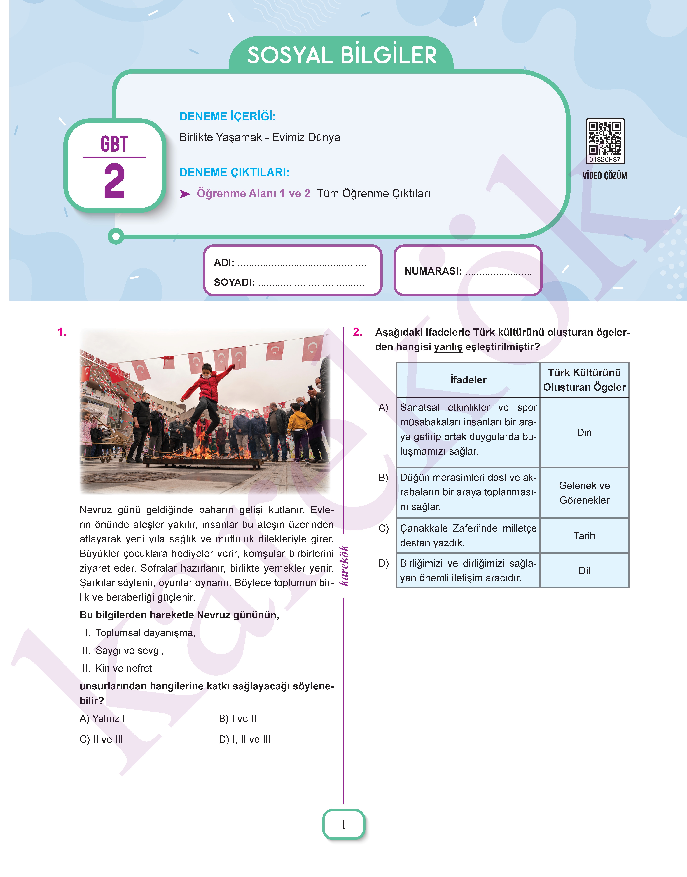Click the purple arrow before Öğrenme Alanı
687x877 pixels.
click(185, 194)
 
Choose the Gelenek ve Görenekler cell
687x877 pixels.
click(584, 493)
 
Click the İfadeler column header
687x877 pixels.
click(468, 380)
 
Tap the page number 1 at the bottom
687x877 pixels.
click(344, 824)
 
